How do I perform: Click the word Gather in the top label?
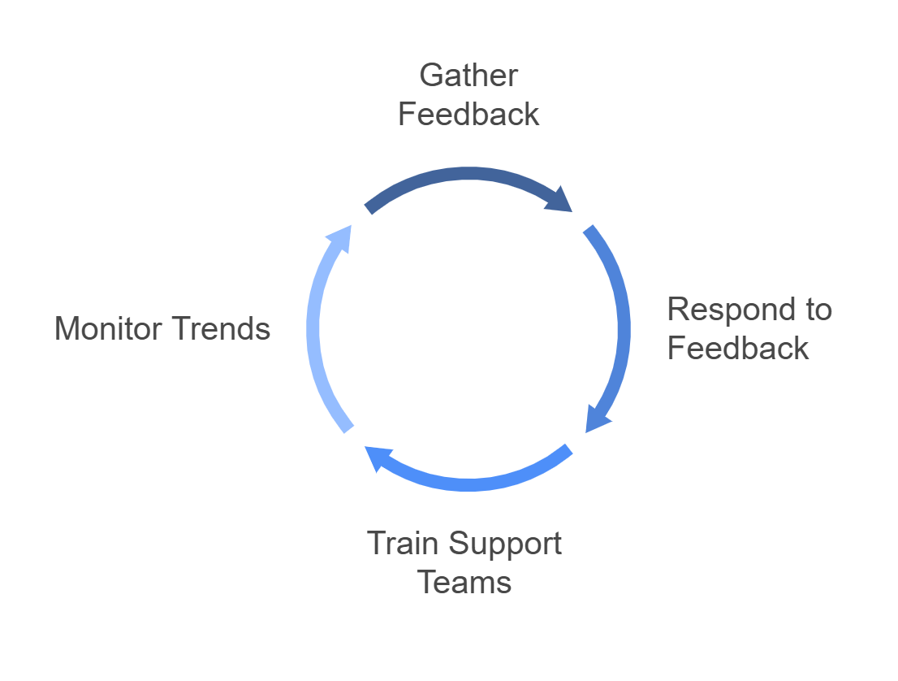468,76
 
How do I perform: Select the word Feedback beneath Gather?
468,115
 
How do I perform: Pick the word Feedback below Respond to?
738,349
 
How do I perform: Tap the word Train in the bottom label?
404,543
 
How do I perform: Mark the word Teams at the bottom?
465,582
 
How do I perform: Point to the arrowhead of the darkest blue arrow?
562,201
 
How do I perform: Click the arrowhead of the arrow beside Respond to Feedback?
597,419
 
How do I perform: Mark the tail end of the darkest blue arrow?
369,207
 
